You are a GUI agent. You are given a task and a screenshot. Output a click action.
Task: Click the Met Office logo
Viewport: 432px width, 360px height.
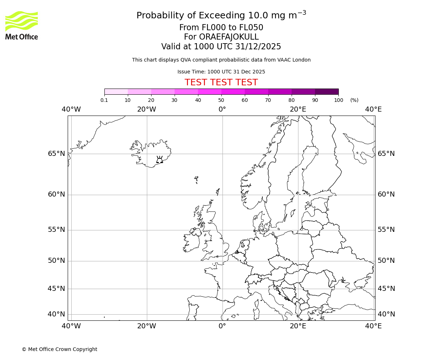[x=22, y=25]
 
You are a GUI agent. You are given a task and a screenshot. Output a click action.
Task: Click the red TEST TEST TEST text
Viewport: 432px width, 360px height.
[x=221, y=82]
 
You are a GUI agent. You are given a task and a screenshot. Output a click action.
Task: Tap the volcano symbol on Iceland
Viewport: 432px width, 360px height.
[x=159, y=160]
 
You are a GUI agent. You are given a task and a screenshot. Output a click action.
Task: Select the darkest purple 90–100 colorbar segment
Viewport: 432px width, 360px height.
[x=327, y=91]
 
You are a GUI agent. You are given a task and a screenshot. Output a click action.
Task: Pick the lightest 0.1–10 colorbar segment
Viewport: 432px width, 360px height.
[x=116, y=91]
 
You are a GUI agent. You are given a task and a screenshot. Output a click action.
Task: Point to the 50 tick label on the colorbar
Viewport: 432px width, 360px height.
[x=221, y=100]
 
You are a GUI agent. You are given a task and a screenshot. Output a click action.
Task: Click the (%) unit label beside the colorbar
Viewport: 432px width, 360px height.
[x=354, y=100]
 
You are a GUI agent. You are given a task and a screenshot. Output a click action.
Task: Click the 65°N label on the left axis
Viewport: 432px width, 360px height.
[x=57, y=154]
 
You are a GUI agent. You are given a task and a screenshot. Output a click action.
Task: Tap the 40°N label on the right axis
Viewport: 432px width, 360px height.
[x=386, y=314]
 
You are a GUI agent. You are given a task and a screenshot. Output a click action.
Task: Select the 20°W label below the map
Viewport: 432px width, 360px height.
[x=147, y=326]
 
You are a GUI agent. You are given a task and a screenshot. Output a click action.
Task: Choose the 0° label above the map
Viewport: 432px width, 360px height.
[x=222, y=109]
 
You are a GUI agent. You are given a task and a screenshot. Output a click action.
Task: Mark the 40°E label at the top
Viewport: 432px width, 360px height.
[x=373, y=109]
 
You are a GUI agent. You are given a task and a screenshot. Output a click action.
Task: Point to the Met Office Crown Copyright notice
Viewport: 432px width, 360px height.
[x=59, y=349]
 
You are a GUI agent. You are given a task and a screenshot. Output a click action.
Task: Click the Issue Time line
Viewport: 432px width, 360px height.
[x=221, y=72]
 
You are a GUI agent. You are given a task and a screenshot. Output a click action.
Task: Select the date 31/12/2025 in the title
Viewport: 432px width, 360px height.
[x=258, y=46]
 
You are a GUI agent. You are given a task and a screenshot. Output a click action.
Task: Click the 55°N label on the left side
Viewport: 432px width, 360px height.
[x=57, y=230]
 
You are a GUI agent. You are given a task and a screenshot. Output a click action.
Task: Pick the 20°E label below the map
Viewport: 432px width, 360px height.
[x=298, y=326]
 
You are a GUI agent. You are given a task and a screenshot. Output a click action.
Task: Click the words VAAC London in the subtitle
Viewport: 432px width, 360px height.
[x=294, y=60]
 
